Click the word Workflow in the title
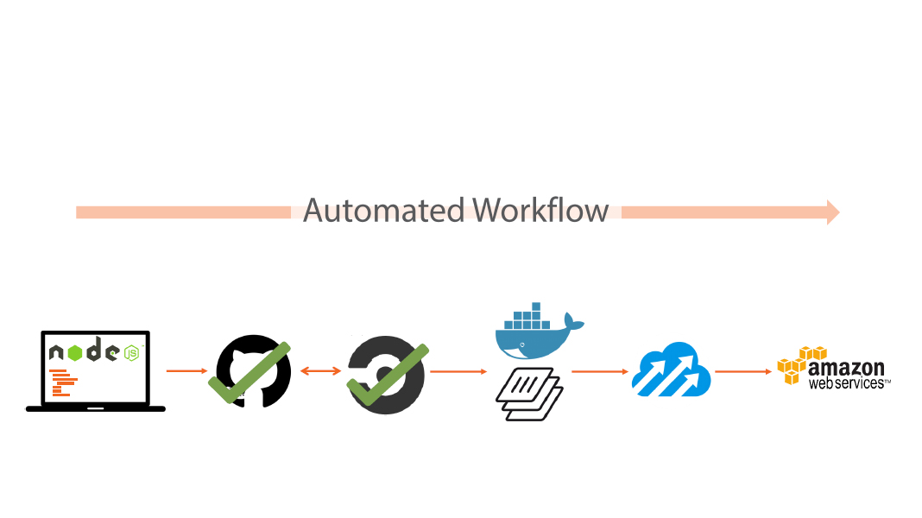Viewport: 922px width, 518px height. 541,211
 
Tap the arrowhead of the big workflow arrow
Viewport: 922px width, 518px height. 832,212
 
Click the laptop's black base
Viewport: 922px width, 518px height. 95,407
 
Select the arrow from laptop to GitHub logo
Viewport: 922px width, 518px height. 186,371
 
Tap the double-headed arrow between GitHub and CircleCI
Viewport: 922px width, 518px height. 321,371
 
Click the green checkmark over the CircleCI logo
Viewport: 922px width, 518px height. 388,376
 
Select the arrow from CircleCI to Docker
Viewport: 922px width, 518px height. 458,371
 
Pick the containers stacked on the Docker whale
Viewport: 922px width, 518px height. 527,317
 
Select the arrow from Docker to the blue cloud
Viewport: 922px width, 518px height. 599,371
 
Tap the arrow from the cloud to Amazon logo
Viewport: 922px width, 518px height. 742,371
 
